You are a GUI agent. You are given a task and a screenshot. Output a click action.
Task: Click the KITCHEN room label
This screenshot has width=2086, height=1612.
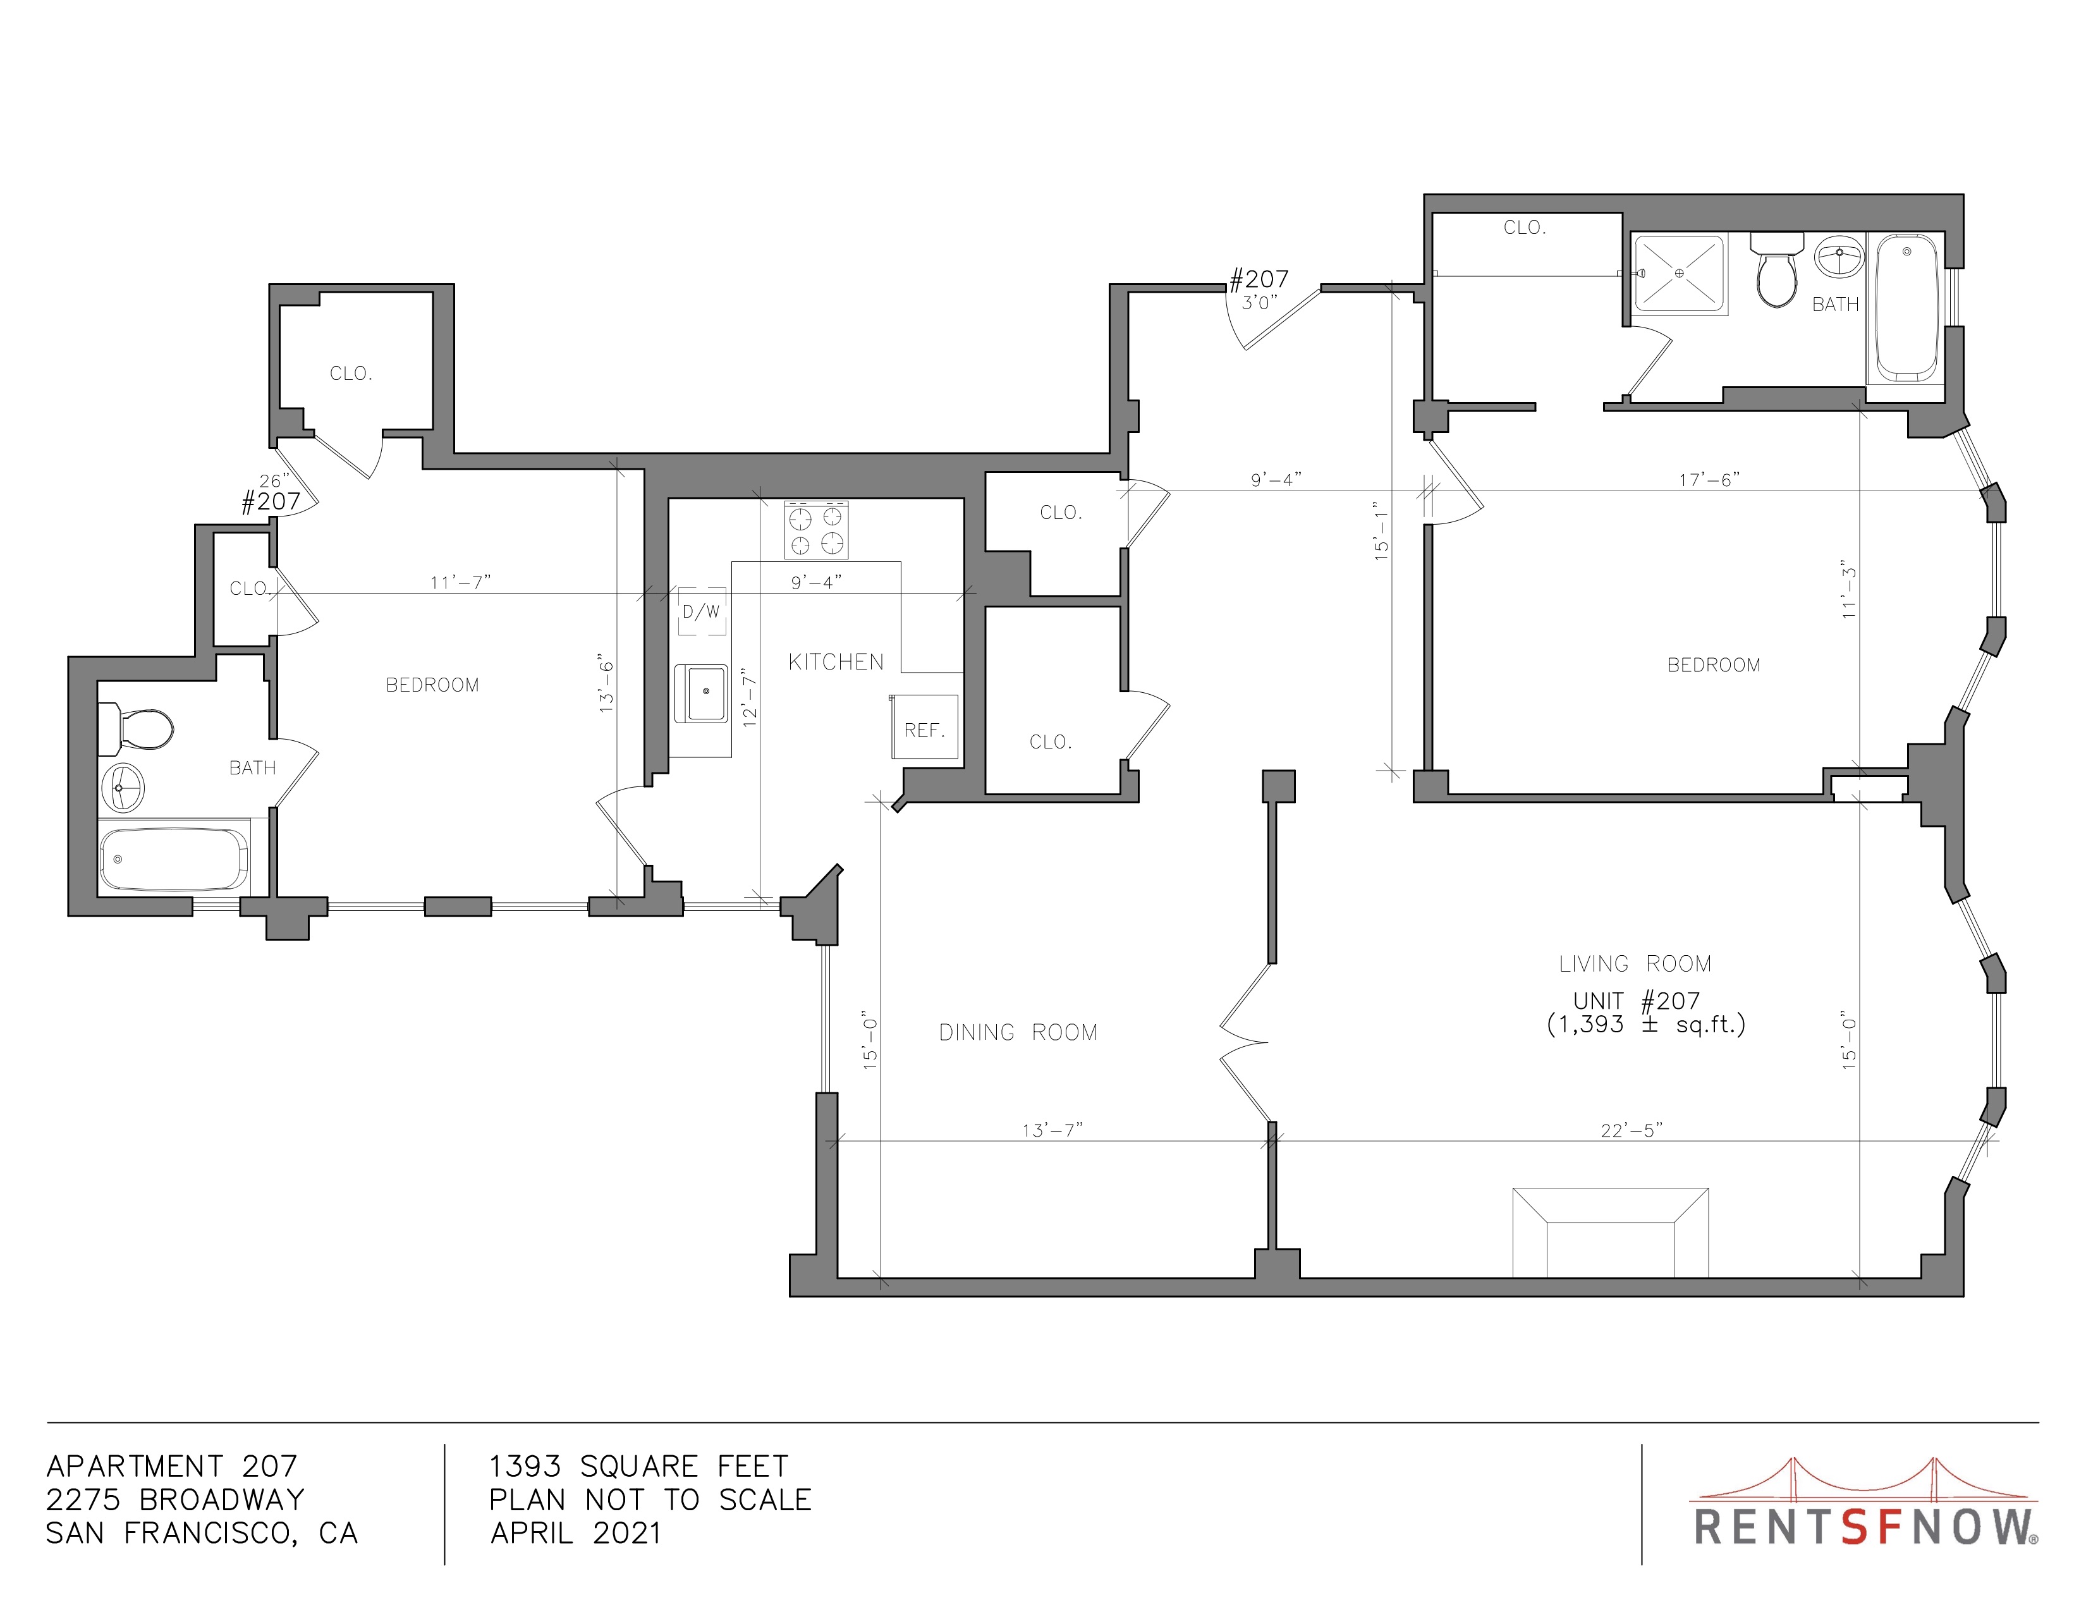[836, 662]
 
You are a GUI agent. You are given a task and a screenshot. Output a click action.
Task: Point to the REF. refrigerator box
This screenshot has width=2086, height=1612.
[924, 728]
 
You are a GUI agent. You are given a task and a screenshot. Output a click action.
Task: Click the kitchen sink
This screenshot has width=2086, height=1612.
[701, 693]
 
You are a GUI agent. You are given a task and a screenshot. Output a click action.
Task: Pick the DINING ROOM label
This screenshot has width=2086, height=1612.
[1018, 1032]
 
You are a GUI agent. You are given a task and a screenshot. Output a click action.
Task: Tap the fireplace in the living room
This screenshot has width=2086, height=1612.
[1611, 1232]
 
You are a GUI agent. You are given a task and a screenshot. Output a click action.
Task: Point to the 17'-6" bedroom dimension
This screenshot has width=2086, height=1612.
[1710, 479]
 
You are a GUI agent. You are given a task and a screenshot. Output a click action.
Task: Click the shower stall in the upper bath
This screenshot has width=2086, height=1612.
[1680, 275]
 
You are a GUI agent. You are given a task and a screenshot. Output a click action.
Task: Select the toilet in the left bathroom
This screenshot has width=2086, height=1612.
[136, 730]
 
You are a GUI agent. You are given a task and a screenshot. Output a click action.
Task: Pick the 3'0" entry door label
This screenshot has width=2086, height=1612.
[1260, 303]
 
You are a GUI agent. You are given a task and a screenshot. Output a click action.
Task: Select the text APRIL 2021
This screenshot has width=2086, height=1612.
[576, 1533]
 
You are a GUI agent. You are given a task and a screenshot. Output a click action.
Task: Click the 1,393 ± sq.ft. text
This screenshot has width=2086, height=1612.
[1645, 1025]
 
